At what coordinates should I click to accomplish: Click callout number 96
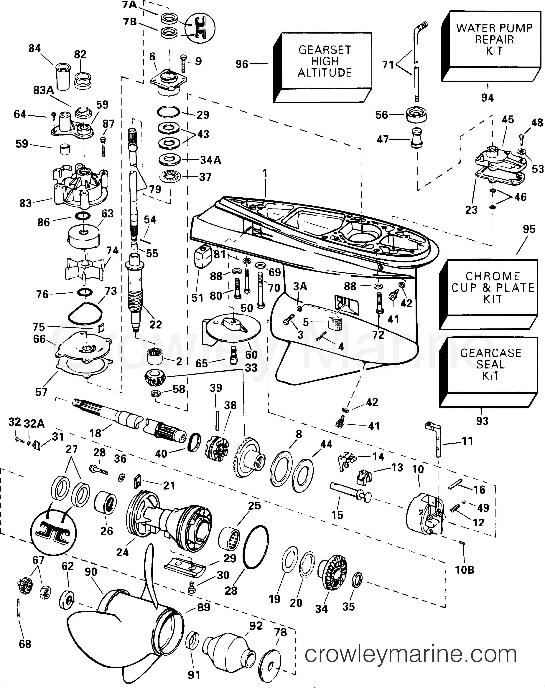point(242,64)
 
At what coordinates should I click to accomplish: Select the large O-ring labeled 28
point(256,547)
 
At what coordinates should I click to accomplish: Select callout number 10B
point(465,570)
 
